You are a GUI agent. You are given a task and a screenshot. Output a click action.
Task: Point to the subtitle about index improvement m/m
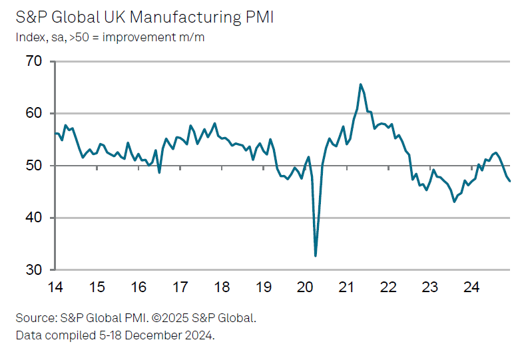(x=110, y=37)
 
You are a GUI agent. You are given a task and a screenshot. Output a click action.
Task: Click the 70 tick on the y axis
(x=34, y=62)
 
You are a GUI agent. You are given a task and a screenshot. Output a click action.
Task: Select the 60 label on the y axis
(x=34, y=114)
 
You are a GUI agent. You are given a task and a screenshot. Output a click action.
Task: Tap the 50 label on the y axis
(x=34, y=166)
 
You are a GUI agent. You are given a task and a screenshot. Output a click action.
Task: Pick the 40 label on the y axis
(x=34, y=218)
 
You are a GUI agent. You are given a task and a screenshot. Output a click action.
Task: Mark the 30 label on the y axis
(x=34, y=270)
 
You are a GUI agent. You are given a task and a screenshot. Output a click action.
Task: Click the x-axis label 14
(x=55, y=287)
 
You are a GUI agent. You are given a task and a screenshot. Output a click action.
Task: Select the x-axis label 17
(x=180, y=287)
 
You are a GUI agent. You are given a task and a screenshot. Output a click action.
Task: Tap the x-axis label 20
(x=305, y=287)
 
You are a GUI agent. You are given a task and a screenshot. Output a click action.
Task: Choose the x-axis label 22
(x=388, y=287)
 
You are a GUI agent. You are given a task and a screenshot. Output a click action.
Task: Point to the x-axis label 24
(x=471, y=287)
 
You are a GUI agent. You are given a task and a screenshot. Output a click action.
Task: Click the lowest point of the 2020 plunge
(x=316, y=256)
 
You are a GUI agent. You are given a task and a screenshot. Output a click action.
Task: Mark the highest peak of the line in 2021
(x=360, y=85)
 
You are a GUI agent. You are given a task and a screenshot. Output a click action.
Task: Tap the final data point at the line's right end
(x=510, y=181)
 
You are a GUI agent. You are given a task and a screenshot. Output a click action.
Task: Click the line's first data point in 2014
(x=55, y=134)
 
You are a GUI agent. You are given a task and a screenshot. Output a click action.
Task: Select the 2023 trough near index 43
(x=454, y=201)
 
